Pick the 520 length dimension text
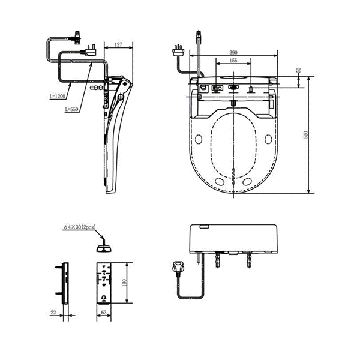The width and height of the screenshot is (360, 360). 305,134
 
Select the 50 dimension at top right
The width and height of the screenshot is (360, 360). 299,70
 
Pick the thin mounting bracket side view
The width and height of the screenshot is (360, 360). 64,282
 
